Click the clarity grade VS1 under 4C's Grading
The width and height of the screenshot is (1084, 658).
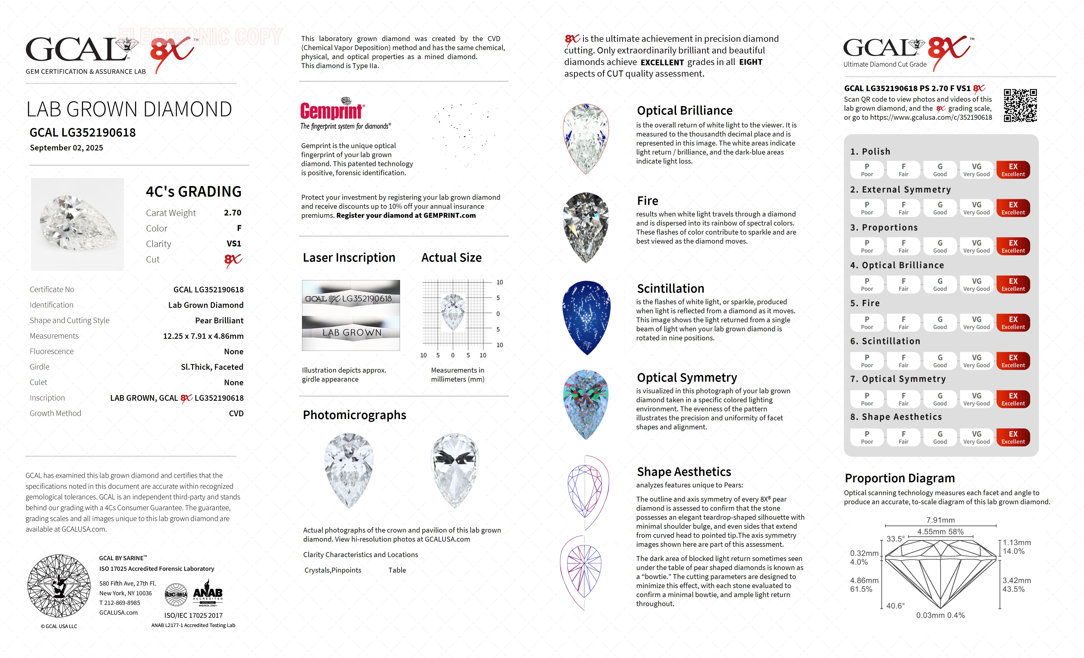(x=234, y=244)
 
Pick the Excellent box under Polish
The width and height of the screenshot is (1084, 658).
(x=1013, y=170)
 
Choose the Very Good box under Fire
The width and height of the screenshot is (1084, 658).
(x=976, y=322)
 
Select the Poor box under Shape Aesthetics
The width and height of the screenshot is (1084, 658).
(x=867, y=437)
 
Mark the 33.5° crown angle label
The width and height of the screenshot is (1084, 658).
(x=895, y=539)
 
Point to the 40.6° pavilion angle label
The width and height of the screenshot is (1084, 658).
(x=895, y=606)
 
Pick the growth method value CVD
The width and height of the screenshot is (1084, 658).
(x=236, y=413)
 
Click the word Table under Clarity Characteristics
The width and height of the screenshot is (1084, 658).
(x=397, y=570)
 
